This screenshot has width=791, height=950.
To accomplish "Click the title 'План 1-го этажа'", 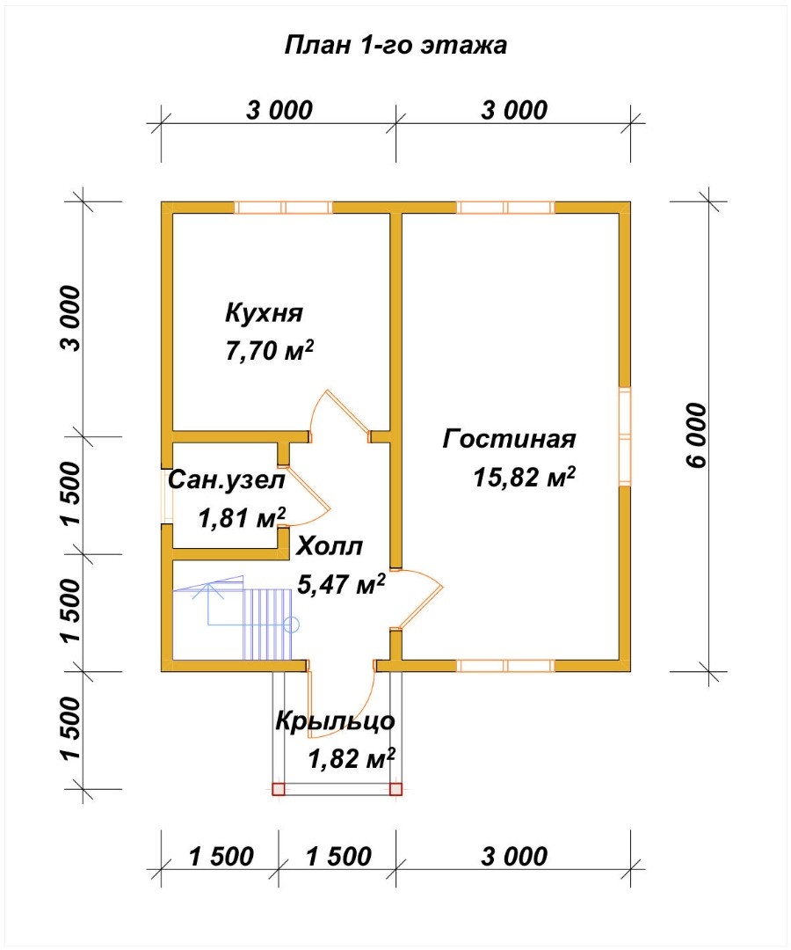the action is pyautogui.click(x=395, y=46).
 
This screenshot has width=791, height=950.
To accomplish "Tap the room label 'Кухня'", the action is pyautogui.click(x=264, y=313).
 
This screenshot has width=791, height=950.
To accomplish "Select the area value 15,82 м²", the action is pyautogui.click(x=524, y=477).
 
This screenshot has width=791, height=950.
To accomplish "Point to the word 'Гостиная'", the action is pyautogui.click(x=509, y=439).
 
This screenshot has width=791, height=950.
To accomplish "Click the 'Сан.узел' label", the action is pyautogui.click(x=227, y=480).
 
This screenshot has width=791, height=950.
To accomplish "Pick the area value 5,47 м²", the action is pyautogui.click(x=341, y=584).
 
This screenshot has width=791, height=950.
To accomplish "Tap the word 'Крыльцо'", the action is pyautogui.click(x=335, y=721).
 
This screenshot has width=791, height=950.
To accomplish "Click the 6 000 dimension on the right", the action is pyautogui.click(x=697, y=435).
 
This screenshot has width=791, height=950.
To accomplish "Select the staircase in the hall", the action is pyautogui.click(x=236, y=618).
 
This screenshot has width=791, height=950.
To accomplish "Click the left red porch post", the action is pyautogui.click(x=279, y=789).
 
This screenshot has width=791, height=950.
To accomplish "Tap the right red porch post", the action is pyautogui.click(x=395, y=789).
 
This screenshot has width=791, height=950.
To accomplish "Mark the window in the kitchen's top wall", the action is pyautogui.click(x=283, y=208).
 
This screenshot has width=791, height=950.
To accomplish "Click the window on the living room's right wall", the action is pyautogui.click(x=625, y=436).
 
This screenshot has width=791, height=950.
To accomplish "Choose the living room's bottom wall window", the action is pyautogui.click(x=506, y=666).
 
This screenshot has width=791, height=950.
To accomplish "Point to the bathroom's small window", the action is pyautogui.click(x=167, y=495).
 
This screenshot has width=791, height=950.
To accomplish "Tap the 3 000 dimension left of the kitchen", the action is pyautogui.click(x=70, y=318).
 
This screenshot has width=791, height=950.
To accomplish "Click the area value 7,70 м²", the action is pyautogui.click(x=270, y=350).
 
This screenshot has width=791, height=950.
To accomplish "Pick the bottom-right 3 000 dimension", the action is pyautogui.click(x=514, y=857).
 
